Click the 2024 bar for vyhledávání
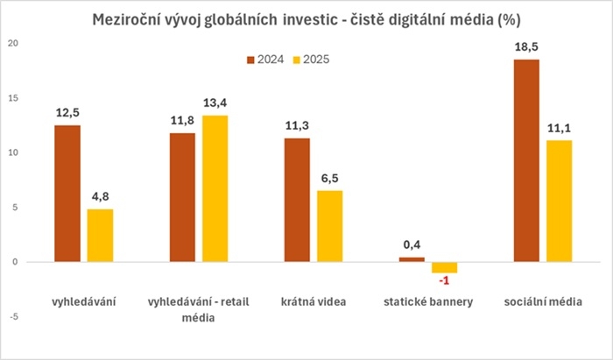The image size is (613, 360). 67,193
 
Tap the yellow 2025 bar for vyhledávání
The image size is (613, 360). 100,235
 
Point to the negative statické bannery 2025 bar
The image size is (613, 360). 445,267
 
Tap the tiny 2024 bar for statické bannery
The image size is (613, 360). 412,259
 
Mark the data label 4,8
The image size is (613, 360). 101,197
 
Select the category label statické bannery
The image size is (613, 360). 428,302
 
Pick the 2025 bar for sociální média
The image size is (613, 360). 559,201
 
